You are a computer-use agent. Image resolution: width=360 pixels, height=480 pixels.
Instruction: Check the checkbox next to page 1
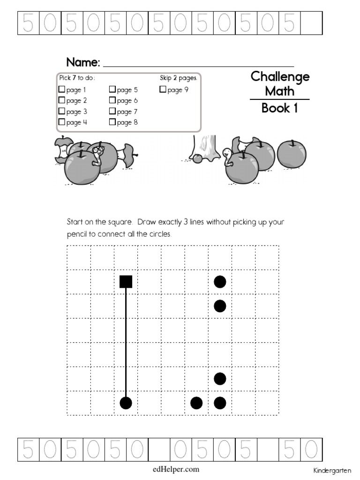click(61, 89)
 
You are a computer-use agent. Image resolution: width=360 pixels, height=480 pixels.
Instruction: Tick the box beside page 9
click(163, 89)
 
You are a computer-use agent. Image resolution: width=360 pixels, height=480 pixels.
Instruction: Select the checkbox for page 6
click(112, 100)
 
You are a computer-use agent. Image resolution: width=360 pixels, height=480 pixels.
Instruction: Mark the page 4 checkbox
click(61, 122)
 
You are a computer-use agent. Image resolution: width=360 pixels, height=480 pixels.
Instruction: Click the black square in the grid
click(126, 281)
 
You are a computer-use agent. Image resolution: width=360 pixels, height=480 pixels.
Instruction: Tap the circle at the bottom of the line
click(126, 403)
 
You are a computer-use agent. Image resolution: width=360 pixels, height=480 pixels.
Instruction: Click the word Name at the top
click(82, 62)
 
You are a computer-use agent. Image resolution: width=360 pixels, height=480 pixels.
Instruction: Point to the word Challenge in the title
click(280, 76)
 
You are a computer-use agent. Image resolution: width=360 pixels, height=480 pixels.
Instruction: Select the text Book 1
click(279, 108)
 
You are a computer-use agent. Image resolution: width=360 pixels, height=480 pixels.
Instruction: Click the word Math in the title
click(280, 90)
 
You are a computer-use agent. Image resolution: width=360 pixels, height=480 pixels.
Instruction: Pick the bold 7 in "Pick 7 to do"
click(74, 78)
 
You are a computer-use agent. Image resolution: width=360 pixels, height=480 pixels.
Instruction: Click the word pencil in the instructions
click(77, 234)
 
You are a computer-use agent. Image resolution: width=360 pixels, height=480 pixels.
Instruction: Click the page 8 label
click(127, 123)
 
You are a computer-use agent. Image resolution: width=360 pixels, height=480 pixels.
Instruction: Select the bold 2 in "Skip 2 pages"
click(174, 78)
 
